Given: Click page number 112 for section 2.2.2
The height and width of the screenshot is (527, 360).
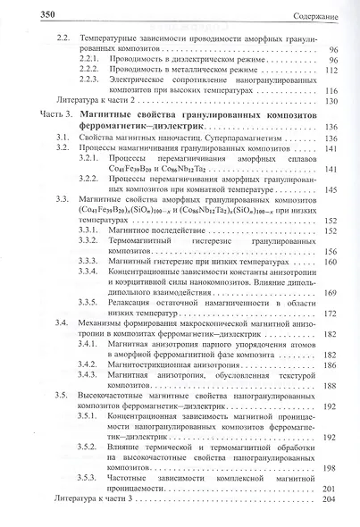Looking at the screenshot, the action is [332, 68].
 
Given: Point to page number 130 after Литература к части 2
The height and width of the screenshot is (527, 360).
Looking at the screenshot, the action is [332, 103].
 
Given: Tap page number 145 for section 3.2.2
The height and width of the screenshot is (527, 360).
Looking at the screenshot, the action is [332, 189].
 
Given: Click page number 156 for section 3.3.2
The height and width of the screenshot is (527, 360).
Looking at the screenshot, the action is [332, 253].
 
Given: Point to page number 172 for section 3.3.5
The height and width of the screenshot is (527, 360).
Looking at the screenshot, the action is [332, 313].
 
